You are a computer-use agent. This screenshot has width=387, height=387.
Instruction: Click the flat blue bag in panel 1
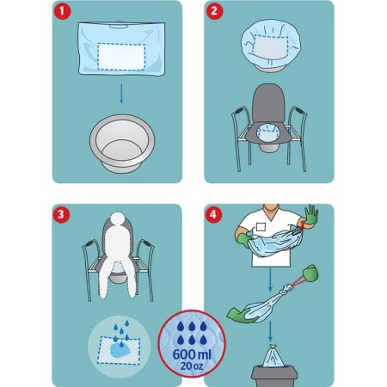coord(120,48)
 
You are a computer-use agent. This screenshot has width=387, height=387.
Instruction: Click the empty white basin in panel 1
coord(120,142)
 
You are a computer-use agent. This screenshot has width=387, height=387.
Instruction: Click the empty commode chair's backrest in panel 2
coord(273,108)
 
